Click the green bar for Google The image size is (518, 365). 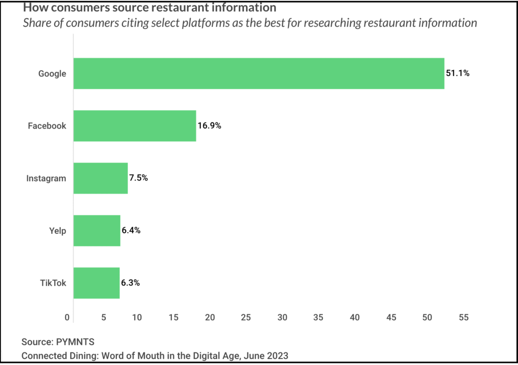[258, 73]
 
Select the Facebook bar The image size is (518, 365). [135, 126]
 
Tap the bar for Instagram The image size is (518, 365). [100, 178]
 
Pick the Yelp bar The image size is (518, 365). [97, 230]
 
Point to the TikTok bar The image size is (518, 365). [97, 283]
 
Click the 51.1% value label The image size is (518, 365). [457, 73]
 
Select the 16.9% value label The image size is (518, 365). [209, 126]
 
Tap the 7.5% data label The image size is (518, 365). [138, 178]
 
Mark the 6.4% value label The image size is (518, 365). [131, 230]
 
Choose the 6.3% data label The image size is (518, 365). [131, 283]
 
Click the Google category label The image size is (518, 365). [52, 74]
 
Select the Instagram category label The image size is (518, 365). [46, 178]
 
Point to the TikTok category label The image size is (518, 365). [53, 283]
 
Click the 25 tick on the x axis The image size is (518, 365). [246, 318]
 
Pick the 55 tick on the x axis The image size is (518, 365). [463, 318]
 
